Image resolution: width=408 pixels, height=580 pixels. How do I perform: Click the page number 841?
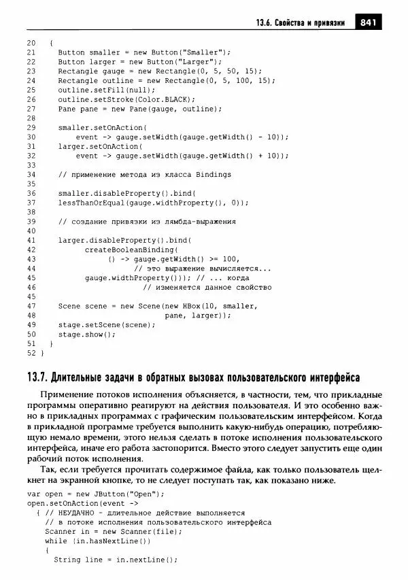tap(369, 22)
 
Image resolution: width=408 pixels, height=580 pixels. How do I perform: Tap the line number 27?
tap(31, 109)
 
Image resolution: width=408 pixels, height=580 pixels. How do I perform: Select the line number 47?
tap(31, 306)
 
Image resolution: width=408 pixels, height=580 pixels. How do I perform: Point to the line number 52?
tap(31, 353)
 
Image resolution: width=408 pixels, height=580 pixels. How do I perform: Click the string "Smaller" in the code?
tap(209, 52)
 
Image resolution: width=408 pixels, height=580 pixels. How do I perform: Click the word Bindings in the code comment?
tap(210, 175)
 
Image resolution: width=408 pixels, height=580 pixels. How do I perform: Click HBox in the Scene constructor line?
tap(201, 306)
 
